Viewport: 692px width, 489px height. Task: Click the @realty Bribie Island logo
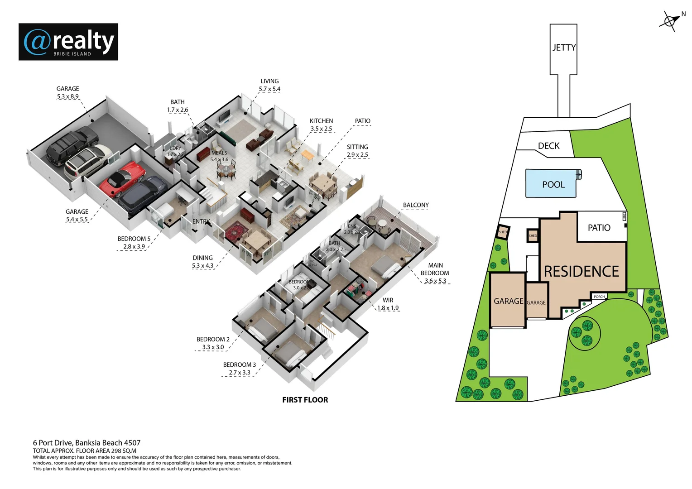tap(68, 42)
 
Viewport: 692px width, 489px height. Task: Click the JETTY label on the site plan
tap(564, 48)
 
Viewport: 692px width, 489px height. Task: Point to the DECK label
tap(548, 146)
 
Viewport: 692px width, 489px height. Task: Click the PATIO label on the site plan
tap(599, 228)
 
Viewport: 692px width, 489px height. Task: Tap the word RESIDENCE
tap(581, 271)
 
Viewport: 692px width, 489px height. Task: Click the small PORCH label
tap(599, 297)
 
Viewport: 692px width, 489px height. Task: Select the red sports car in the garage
tap(122, 178)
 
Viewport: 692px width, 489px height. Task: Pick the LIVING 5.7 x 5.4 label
tap(269, 85)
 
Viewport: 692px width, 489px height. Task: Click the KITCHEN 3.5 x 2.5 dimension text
tap(321, 129)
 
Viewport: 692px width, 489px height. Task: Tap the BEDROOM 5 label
tap(134, 239)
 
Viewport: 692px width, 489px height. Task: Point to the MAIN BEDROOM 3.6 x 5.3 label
tap(435, 273)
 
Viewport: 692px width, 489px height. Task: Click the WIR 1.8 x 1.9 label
tap(388, 304)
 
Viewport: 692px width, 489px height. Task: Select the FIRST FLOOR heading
tap(305, 400)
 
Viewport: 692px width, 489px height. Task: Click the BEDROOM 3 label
tap(239, 364)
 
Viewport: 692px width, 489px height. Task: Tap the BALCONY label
tap(415, 205)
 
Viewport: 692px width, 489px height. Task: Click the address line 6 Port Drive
tap(86, 443)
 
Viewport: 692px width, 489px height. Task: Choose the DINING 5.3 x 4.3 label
tap(202, 262)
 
